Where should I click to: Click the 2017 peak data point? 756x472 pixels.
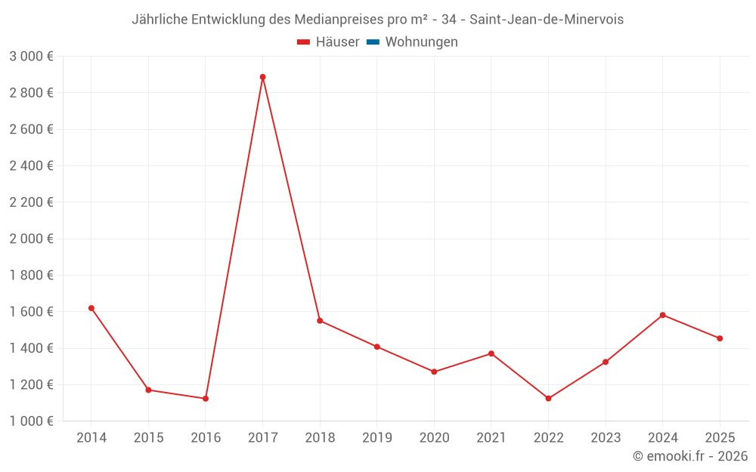click(262, 77)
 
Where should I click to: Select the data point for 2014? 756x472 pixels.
click(91, 308)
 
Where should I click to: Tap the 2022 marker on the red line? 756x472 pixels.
click(548, 399)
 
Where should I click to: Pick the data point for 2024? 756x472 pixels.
click(662, 315)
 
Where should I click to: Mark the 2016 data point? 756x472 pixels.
click(206, 399)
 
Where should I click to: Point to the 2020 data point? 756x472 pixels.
click(434, 372)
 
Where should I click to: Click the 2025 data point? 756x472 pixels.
click(720, 338)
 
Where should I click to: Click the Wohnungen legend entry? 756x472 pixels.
click(421, 42)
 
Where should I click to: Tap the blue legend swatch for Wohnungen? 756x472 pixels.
click(373, 42)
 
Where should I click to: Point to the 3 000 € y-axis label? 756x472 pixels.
click(31, 57)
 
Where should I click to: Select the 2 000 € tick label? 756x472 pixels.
click(31, 239)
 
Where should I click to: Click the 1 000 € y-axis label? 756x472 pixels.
click(31, 421)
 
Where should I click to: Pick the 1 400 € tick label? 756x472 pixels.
click(31, 348)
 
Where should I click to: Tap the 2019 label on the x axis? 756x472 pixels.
click(376, 438)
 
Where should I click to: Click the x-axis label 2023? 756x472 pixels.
click(605, 438)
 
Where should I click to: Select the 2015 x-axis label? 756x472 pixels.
click(148, 438)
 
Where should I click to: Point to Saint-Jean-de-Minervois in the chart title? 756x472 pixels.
click(547, 20)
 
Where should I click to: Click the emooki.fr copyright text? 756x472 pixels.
click(690, 456)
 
